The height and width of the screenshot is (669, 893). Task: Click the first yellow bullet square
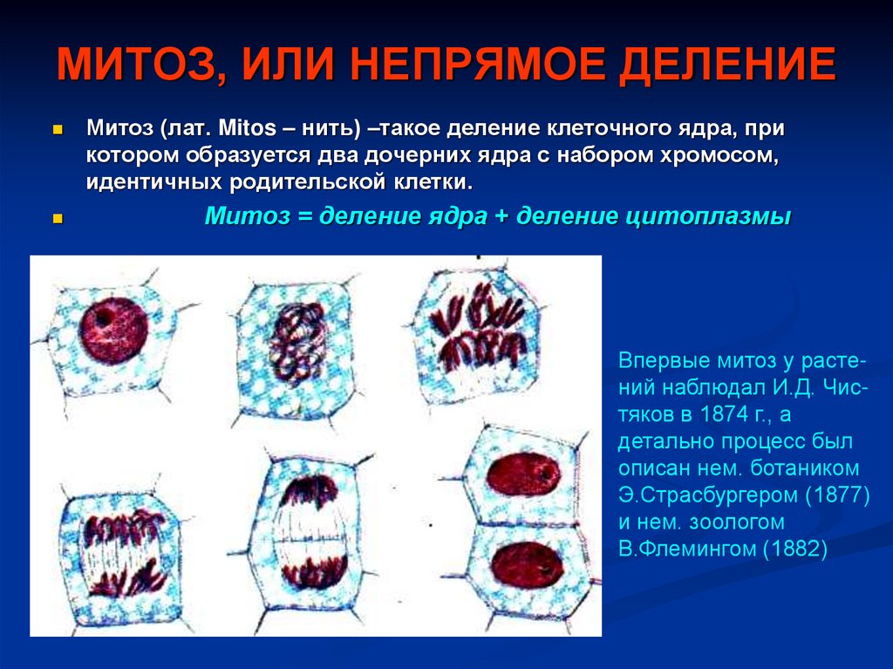point(58,129)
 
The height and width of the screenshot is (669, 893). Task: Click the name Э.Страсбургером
point(706,495)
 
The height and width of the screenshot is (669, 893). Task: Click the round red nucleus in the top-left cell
point(112,330)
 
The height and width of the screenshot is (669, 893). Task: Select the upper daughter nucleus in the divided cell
point(523,475)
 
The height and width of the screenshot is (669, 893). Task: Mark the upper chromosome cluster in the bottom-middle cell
point(309,494)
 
